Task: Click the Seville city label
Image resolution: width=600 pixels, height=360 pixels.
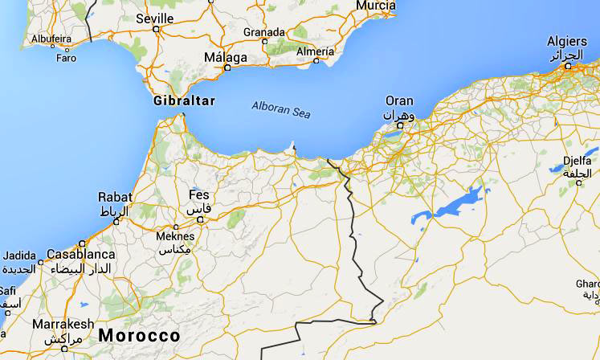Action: click(155, 18)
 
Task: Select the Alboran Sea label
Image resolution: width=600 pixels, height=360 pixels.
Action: click(280, 109)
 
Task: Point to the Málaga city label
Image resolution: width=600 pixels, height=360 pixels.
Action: click(226, 57)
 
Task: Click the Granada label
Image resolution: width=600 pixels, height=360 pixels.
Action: click(264, 32)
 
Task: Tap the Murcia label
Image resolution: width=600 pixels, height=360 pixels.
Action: click(375, 6)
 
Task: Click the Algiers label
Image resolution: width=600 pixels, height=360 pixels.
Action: click(567, 41)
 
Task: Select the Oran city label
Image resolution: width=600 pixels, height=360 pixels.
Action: click(399, 101)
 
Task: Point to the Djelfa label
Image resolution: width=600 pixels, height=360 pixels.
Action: click(578, 160)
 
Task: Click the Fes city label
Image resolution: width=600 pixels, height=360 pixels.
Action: click(198, 195)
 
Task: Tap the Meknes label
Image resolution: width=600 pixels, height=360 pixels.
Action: click(175, 236)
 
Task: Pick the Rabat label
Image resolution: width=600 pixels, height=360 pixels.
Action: click(114, 197)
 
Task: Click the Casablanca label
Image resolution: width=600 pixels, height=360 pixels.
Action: click(81, 254)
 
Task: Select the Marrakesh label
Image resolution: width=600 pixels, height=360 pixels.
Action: click(63, 324)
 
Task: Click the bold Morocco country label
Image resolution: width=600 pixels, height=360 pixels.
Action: click(139, 334)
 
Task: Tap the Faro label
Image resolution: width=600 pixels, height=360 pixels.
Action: click(66, 58)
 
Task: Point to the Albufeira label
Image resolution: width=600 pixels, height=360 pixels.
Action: click(51, 38)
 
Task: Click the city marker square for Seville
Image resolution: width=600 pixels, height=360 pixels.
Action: click(156, 29)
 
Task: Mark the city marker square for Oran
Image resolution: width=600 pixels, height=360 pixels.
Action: click(400, 125)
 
